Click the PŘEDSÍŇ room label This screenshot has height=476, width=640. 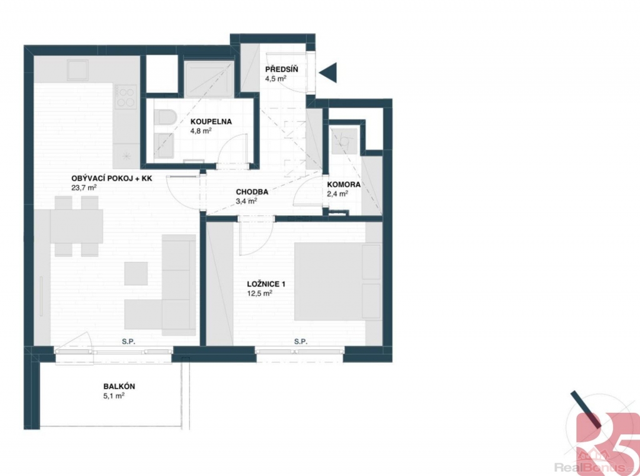point(282,69)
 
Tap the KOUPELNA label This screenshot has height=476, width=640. point(211,121)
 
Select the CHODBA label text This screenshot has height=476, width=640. point(252,191)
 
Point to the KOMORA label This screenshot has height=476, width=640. point(344,185)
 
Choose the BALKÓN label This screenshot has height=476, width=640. point(119,386)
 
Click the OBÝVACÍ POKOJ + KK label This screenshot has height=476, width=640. point(112,178)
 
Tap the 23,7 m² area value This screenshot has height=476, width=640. point(84,188)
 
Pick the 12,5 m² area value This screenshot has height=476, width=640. point(259,293)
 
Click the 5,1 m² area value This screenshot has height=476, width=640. point(114,395)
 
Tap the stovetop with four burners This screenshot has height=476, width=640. point(125,97)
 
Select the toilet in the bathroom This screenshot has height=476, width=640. point(164,117)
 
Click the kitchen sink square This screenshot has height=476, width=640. point(78,70)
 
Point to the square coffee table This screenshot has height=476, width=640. point(136,273)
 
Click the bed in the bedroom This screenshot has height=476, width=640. point(338,281)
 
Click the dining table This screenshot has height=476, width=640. point(76,226)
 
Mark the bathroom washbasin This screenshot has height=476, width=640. point(164,146)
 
